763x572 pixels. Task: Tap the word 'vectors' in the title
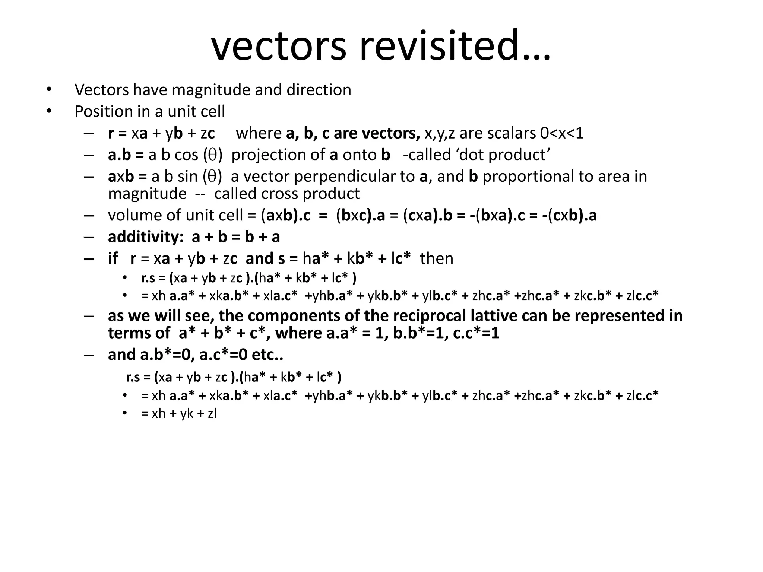[x=279, y=46]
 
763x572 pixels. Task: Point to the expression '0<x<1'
[x=561, y=133]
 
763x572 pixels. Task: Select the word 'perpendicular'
[x=345, y=177]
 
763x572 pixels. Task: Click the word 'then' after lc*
[x=437, y=258]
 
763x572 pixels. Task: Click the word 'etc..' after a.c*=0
[x=267, y=355]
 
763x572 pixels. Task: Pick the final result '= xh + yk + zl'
[x=179, y=414]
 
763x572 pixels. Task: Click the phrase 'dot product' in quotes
[x=503, y=155]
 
